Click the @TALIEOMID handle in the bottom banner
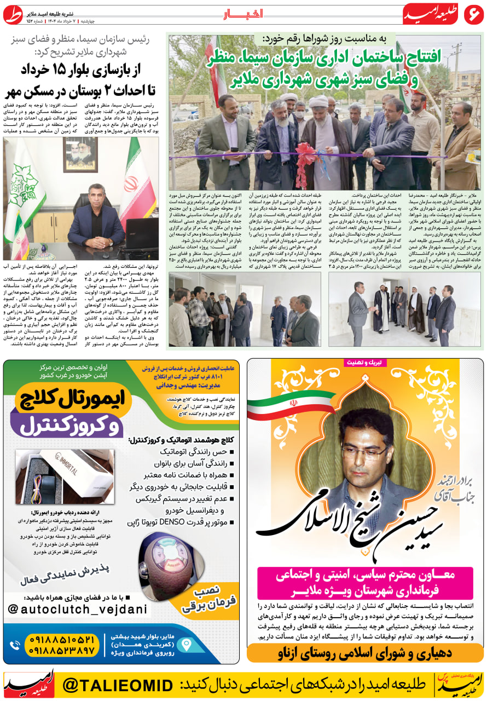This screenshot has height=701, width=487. pyautogui.click(x=118, y=685)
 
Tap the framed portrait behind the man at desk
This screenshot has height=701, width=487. pyautogui.click(x=80, y=154)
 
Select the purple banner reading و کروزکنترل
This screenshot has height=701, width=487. pyautogui.click(x=68, y=425)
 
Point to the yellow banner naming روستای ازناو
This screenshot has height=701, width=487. pyautogui.click(x=365, y=653)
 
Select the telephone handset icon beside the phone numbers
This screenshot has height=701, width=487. pyautogui.click(x=15, y=646)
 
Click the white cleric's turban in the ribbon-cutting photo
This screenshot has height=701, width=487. pyautogui.click(x=318, y=102)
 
